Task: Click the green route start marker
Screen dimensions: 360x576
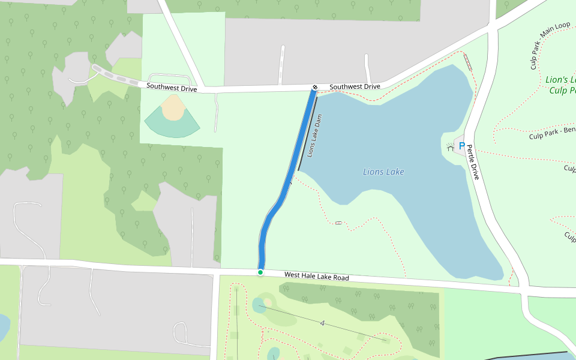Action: coord(260,272)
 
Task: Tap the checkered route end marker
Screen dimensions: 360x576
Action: coord(314,88)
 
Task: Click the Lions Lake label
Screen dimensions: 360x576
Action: coord(383,172)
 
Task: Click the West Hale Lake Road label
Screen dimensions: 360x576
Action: coord(316,276)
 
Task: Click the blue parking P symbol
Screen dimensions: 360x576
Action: coord(462,146)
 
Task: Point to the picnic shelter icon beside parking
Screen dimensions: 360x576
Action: coord(451,146)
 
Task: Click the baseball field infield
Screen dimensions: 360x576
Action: coord(173,109)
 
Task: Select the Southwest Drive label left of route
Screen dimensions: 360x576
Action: coord(172,88)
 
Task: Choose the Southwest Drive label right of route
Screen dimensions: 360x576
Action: coord(355,87)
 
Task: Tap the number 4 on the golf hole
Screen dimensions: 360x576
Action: coord(322,323)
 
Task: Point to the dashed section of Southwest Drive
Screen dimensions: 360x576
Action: coord(117,76)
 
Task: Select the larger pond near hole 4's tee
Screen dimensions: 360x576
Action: coord(259,306)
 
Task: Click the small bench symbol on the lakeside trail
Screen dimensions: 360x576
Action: coord(338,223)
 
